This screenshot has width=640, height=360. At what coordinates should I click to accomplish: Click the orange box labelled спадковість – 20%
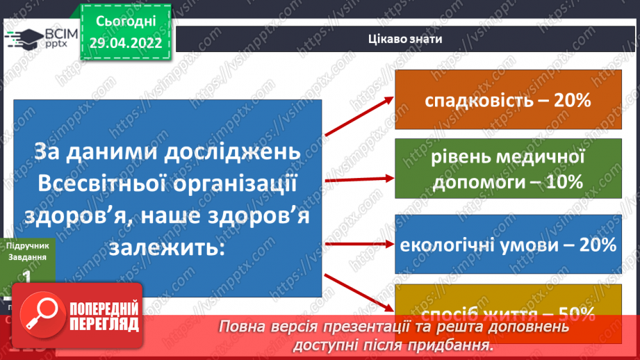[x=508, y=100]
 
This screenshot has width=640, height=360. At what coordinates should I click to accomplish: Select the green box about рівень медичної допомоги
[x=508, y=169]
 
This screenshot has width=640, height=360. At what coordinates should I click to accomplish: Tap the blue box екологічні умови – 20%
[x=508, y=245]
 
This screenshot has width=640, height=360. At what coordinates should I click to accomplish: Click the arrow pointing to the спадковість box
[x=359, y=115]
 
